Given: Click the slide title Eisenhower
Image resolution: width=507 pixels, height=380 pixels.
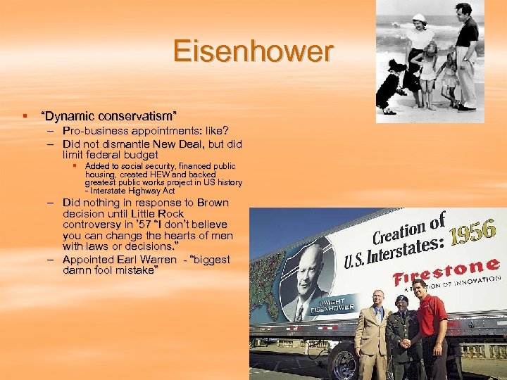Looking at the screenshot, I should (x=253, y=52).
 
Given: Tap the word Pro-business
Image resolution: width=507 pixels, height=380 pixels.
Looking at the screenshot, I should (x=95, y=131).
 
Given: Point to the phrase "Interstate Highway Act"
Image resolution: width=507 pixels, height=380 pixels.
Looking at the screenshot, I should (x=132, y=191).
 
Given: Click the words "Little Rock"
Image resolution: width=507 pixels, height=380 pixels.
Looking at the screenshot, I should (x=158, y=213).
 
